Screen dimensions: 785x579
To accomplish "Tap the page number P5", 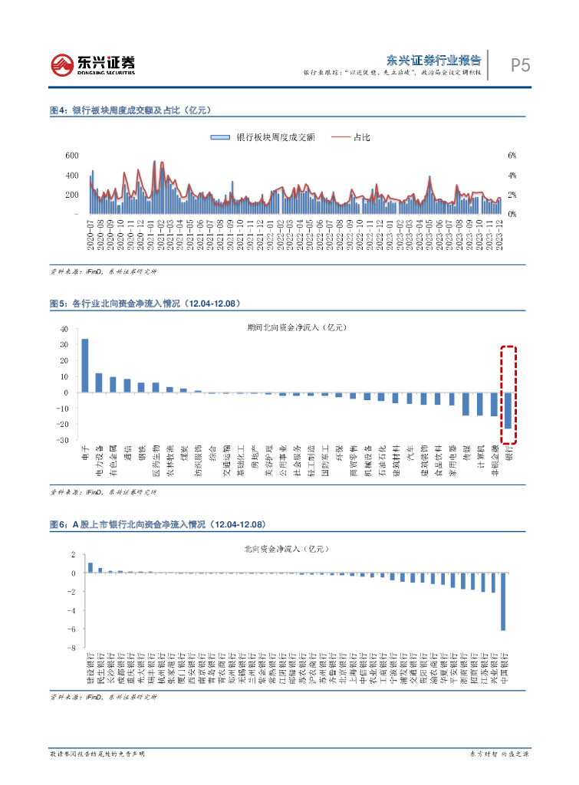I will pyautogui.click(x=520, y=66).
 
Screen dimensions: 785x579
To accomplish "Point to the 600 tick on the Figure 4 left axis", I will pyautogui.click(x=72, y=156).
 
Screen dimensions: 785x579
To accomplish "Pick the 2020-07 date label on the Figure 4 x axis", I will pyautogui.click(x=91, y=232).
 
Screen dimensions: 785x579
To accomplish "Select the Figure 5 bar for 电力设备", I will pyautogui.click(x=99, y=383).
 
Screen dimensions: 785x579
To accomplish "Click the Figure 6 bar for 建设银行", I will pyautogui.click(x=90, y=568).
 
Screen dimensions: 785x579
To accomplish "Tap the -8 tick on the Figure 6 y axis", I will pyautogui.click(x=71, y=648).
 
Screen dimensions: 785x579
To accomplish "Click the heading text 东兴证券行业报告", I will pyautogui.click(x=433, y=60).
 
